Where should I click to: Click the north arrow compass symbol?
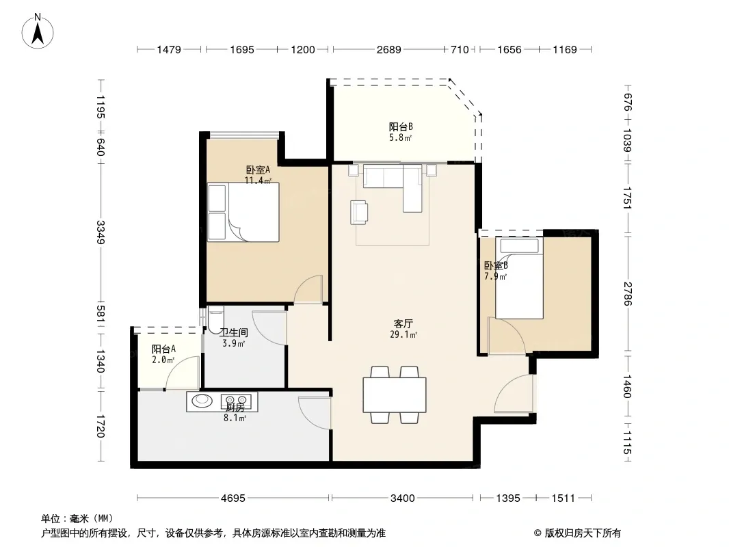pyautogui.click(x=38, y=31)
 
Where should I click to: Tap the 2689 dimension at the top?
pyautogui.click(x=388, y=49)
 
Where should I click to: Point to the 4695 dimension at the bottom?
pyautogui.click(x=233, y=498)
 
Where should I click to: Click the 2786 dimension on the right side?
pyautogui.click(x=628, y=294)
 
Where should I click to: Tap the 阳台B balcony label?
pyautogui.click(x=401, y=126)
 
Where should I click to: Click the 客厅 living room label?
pyautogui.click(x=403, y=323)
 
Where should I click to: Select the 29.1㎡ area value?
pyautogui.click(x=403, y=334)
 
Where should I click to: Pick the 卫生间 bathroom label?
pyautogui.click(x=234, y=332)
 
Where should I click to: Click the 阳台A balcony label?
pyautogui.click(x=163, y=349)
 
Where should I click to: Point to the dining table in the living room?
pyautogui.click(x=395, y=395)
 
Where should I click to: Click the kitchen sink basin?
pyautogui.click(x=202, y=401)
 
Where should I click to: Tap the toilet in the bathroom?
pyautogui.click(x=215, y=319)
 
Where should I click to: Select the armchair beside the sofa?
pyautogui.click(x=359, y=212)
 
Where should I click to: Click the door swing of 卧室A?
pyautogui.click(x=308, y=290)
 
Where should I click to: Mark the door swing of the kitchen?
pyautogui.click(x=315, y=413)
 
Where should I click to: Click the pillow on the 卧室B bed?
pyautogui.click(x=519, y=245)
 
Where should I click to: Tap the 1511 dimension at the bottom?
pyautogui.click(x=563, y=498)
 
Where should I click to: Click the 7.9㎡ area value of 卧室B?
pyautogui.click(x=496, y=276)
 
